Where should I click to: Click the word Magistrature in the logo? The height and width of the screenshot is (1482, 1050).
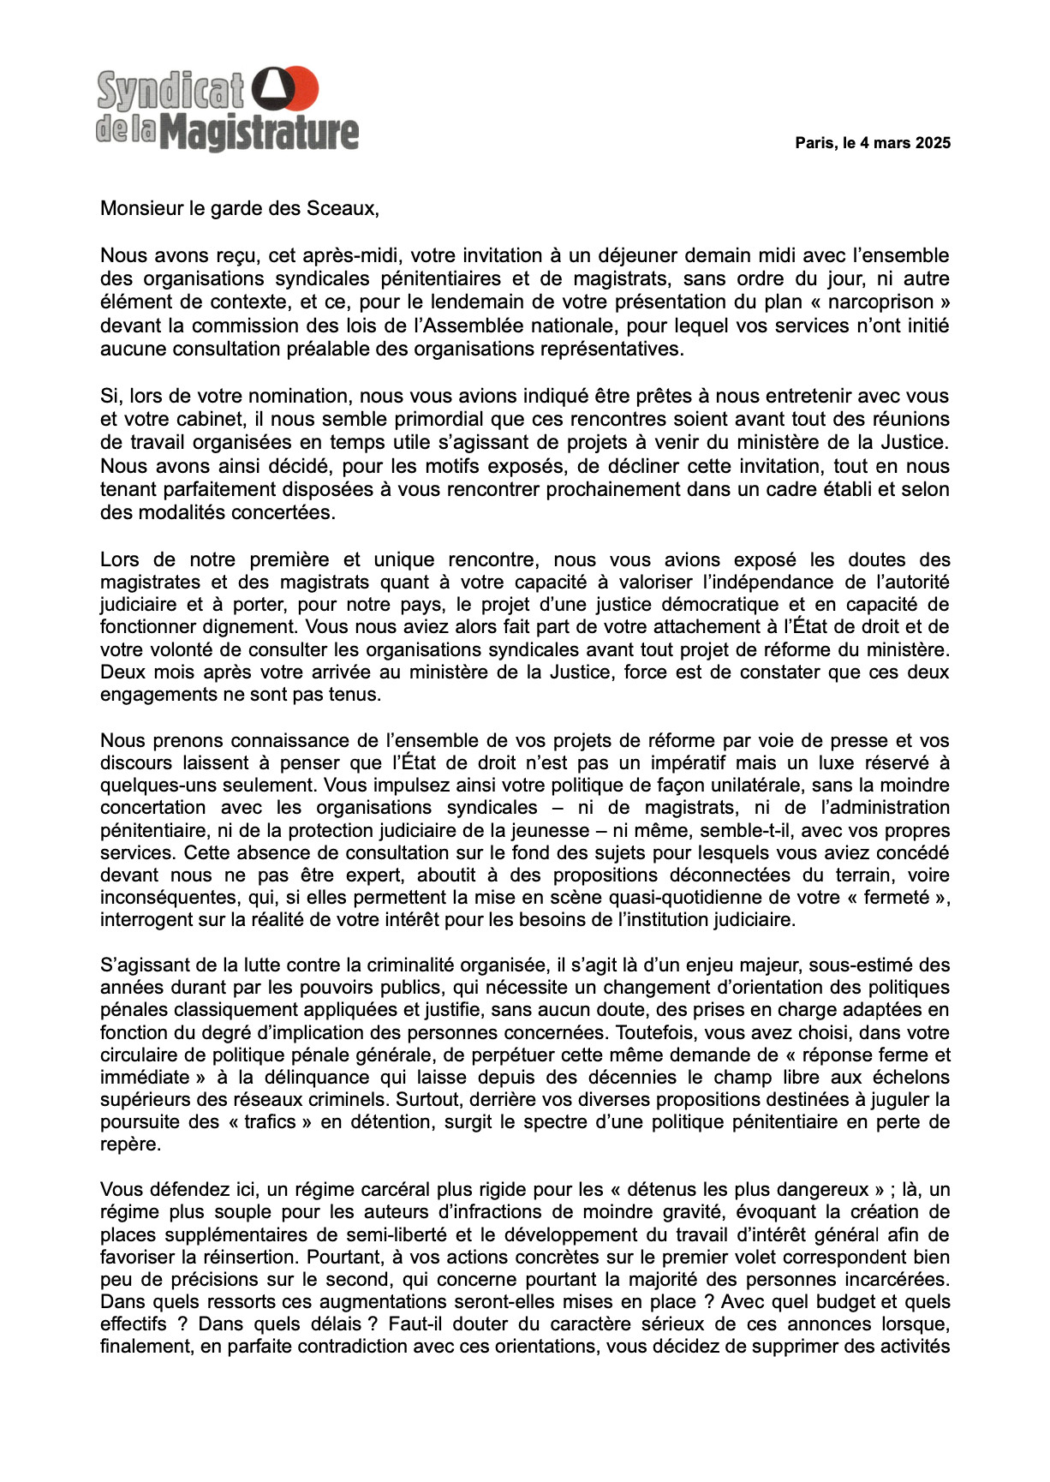tap(260, 133)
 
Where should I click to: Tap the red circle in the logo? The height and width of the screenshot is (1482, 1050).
tap(302, 87)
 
